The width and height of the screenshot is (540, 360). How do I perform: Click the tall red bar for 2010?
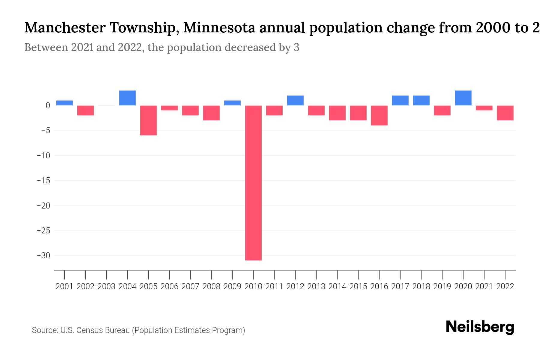click(253, 183)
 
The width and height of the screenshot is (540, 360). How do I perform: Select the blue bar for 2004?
click(127, 98)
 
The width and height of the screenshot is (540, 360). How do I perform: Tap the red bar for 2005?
click(148, 120)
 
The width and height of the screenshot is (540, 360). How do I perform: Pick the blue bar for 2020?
click(463, 98)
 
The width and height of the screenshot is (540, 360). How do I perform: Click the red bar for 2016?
click(379, 115)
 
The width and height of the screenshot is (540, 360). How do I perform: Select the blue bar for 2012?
click(295, 100)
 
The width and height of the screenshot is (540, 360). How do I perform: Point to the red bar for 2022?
click(505, 113)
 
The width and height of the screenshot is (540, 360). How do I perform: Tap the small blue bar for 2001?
click(64, 103)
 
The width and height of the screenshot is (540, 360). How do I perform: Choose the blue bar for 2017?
click(400, 100)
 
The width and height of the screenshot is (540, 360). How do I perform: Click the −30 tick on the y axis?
click(43, 256)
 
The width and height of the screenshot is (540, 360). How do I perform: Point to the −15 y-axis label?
click(43, 181)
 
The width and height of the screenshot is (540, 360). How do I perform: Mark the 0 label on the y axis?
click(48, 106)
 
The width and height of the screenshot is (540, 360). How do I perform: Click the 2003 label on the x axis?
click(106, 286)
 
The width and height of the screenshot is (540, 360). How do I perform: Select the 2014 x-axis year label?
click(337, 286)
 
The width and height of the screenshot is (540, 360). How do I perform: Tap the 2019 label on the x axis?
click(442, 286)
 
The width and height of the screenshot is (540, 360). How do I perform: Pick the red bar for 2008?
click(211, 113)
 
